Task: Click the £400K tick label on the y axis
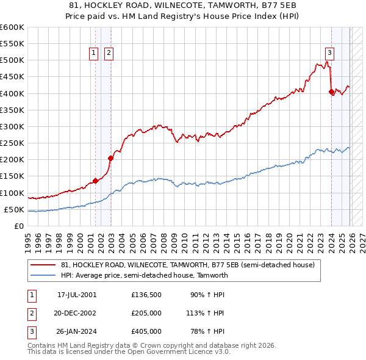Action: pyautogui.click(x=12, y=93)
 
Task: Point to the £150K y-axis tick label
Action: pyautogui.click(x=12, y=176)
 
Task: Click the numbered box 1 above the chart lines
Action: pyautogui.click(x=94, y=53)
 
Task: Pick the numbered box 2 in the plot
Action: pyautogui.click(x=108, y=53)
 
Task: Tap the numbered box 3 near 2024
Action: pyautogui.click(x=329, y=53)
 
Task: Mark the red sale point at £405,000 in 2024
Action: pyautogui.click(x=331, y=92)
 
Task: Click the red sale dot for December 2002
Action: pyautogui.click(x=110, y=158)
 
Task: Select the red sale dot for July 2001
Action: pyautogui.click(x=96, y=181)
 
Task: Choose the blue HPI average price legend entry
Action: pyautogui.click(x=144, y=275)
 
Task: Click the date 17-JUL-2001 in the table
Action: pyautogui.click(x=77, y=295)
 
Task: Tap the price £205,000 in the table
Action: pyautogui.click(x=146, y=313)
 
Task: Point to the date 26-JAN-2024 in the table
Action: pyautogui.click(x=77, y=331)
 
